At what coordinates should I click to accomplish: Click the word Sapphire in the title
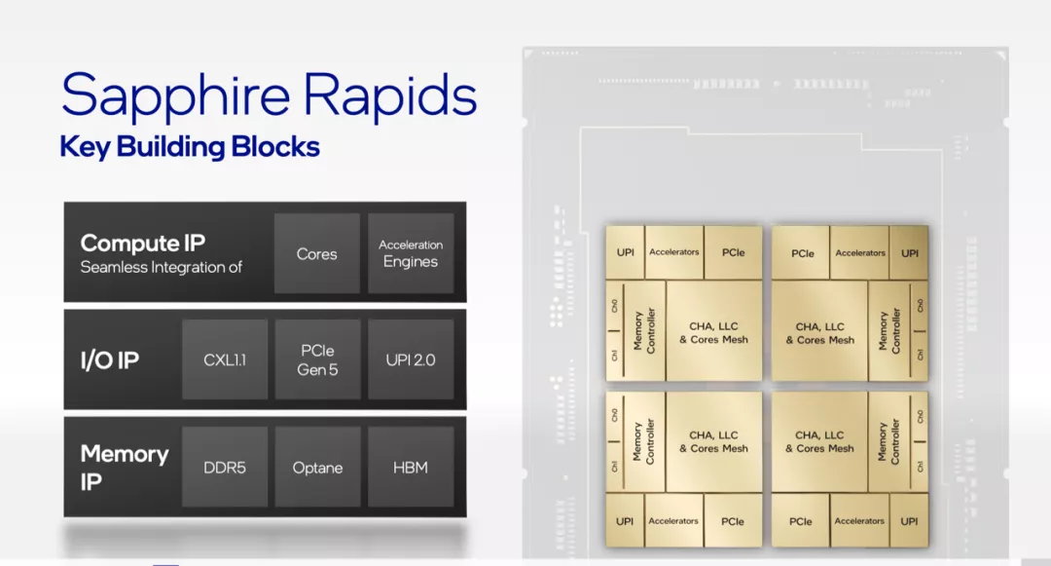[x=175, y=96]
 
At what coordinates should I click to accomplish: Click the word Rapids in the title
[x=390, y=96]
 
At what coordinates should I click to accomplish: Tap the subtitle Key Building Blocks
[x=190, y=147]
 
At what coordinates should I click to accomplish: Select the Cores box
[x=317, y=253]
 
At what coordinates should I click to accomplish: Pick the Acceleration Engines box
[x=411, y=253]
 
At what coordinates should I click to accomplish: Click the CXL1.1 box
[x=225, y=360]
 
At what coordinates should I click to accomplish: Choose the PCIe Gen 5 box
[x=317, y=360]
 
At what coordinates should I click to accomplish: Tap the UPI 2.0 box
[x=411, y=360]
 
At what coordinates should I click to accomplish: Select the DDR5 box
[x=225, y=468]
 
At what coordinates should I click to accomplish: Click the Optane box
[x=317, y=468]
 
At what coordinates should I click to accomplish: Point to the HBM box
[x=411, y=468]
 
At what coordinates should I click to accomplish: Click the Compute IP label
[x=143, y=243]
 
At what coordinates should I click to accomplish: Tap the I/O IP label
[x=110, y=360]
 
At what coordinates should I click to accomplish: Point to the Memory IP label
[x=125, y=468]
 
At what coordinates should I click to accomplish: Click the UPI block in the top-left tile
[x=626, y=252]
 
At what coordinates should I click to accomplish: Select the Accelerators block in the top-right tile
[x=860, y=253]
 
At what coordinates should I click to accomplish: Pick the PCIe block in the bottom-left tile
[x=733, y=521]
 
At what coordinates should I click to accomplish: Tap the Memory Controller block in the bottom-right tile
[x=888, y=442]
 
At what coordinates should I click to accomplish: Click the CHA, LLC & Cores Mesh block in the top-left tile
[x=714, y=332]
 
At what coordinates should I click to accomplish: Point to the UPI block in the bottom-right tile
[x=910, y=521]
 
